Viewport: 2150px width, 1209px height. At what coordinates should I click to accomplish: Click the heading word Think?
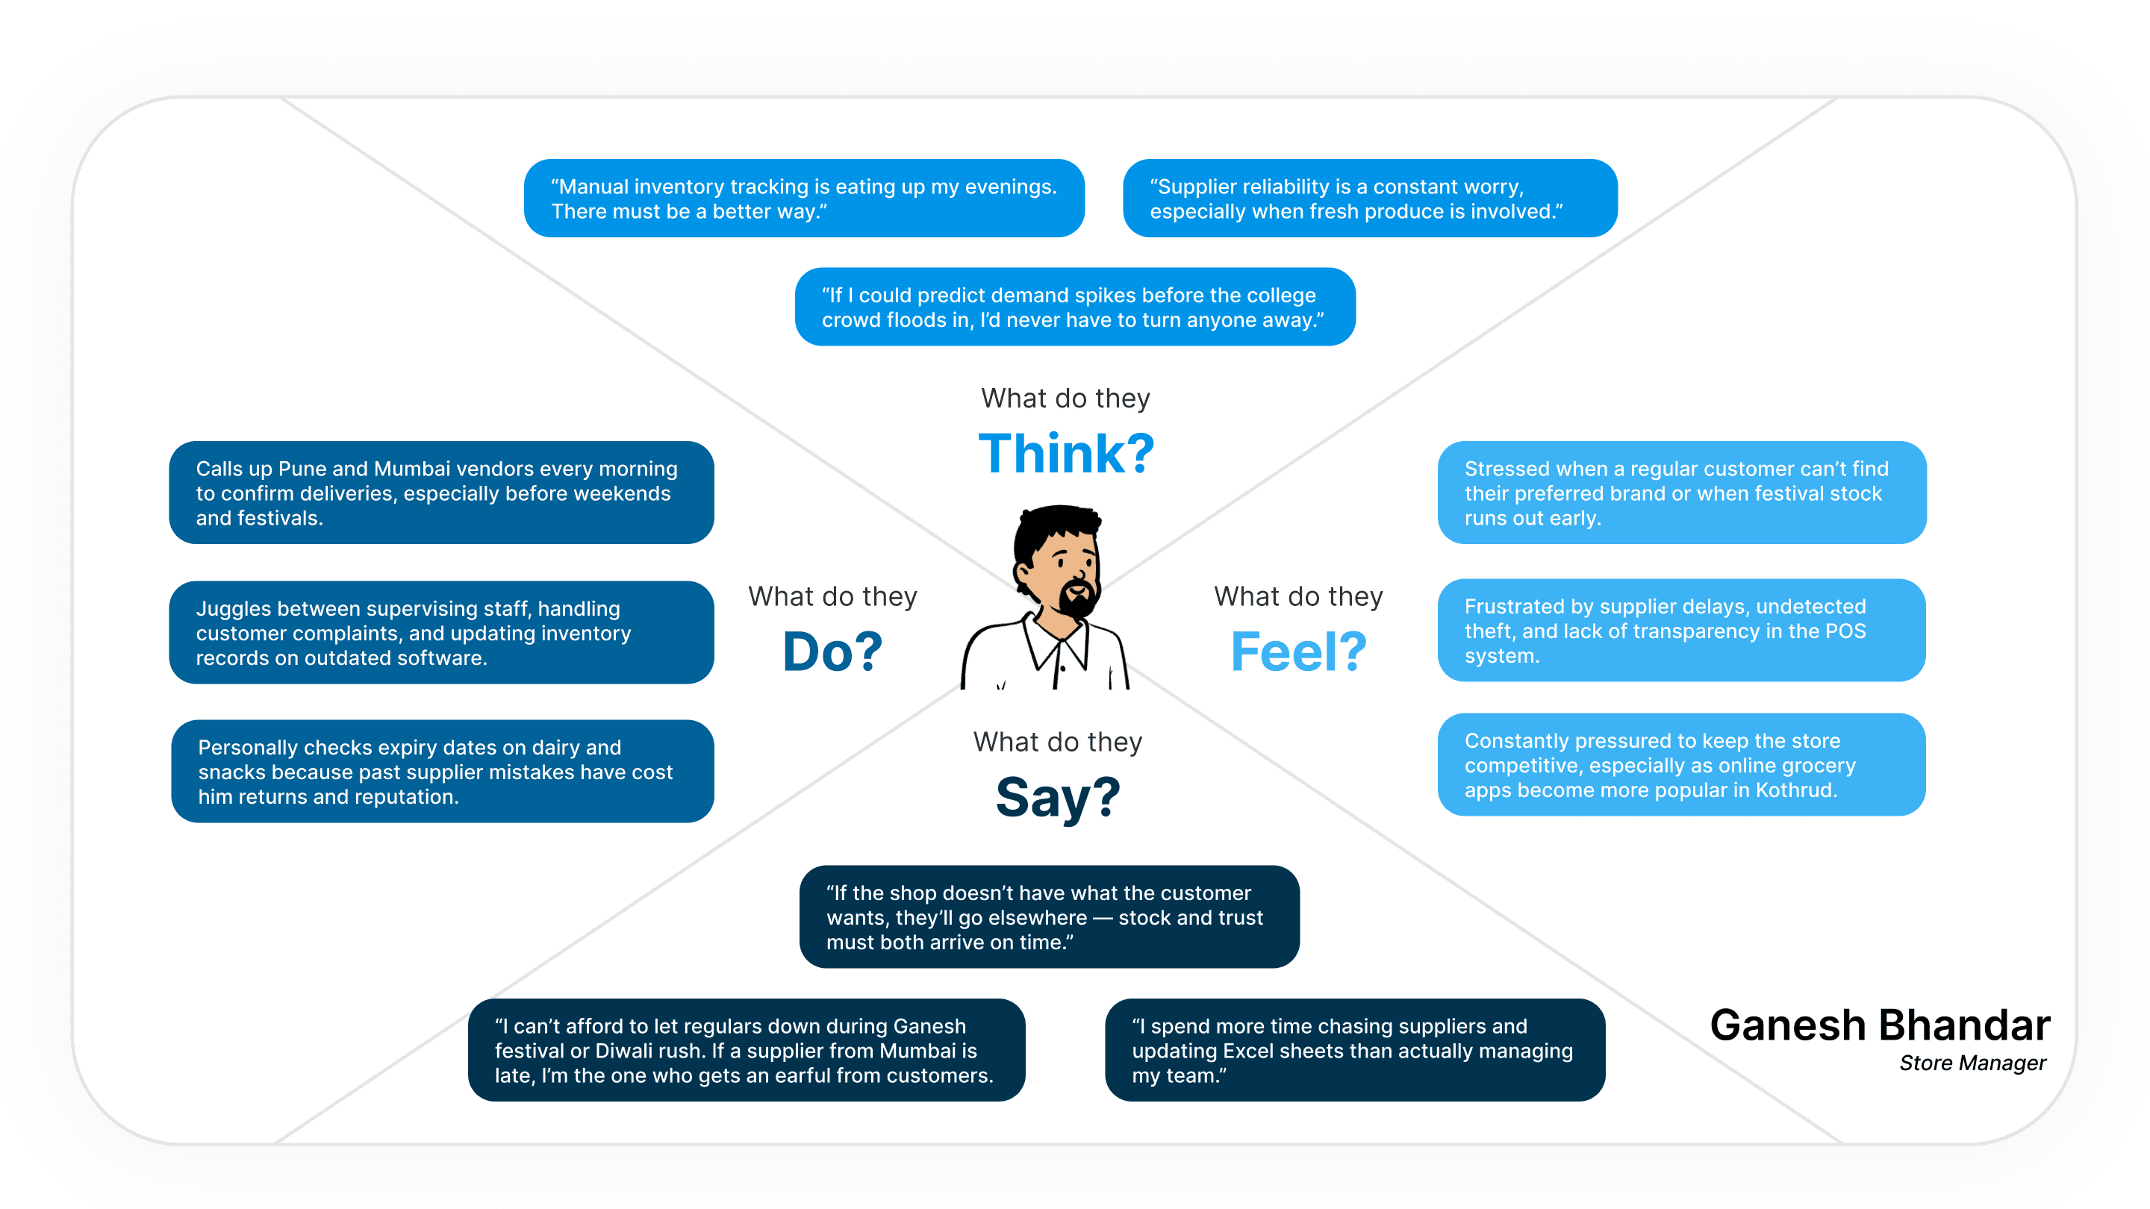click(1066, 454)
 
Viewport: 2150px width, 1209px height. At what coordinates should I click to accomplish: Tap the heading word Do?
click(832, 652)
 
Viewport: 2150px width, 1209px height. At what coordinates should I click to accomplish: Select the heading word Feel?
click(1298, 652)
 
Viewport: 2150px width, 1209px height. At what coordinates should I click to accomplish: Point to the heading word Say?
click(1058, 797)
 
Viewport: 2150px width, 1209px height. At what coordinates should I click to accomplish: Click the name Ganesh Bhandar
click(1880, 1025)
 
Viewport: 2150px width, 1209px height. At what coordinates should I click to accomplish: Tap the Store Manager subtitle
click(1972, 1063)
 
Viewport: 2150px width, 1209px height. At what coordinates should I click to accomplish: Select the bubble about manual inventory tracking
click(804, 199)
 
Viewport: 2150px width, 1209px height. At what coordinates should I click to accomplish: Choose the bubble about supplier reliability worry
click(1370, 199)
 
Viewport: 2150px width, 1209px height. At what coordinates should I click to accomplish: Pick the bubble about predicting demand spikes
click(1074, 307)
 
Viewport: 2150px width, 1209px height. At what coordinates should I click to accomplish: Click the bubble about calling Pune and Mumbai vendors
click(440, 493)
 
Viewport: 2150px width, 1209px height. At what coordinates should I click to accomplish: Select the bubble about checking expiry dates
click(443, 772)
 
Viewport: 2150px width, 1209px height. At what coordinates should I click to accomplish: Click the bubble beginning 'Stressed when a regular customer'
click(1681, 493)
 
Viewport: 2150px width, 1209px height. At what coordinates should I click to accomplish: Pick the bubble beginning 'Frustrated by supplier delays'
click(1681, 631)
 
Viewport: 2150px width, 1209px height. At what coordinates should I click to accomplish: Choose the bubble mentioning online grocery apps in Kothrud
click(1681, 765)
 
